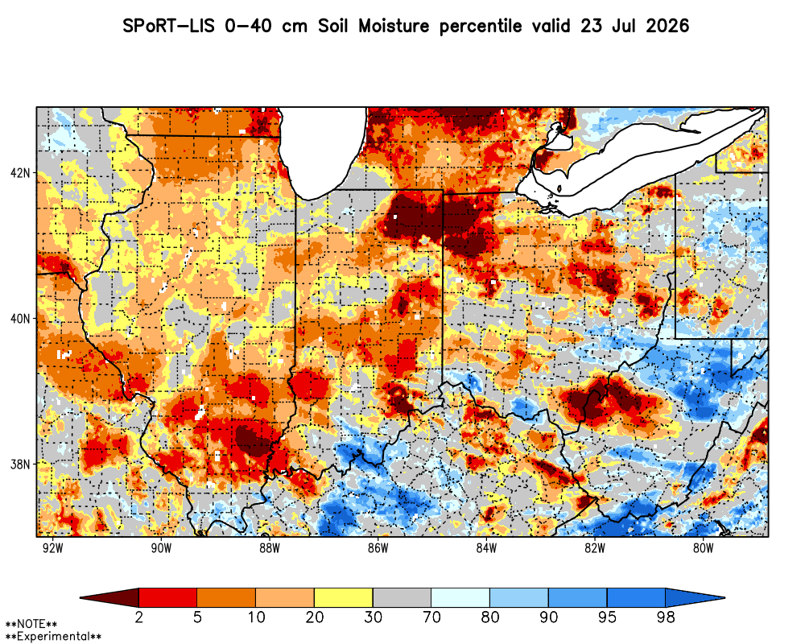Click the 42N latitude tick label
(x=20, y=172)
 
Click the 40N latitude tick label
(x=20, y=319)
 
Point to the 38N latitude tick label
(x=20, y=464)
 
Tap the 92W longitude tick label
(x=53, y=548)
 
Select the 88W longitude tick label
(x=270, y=548)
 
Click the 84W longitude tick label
(x=486, y=548)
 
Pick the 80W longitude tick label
(x=703, y=548)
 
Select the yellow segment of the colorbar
(x=344, y=598)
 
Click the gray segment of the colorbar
(x=402, y=598)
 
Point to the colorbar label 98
(x=666, y=617)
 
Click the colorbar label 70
(x=431, y=617)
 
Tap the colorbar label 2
(x=138, y=617)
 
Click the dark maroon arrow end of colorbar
(x=109, y=598)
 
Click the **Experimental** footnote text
(x=53, y=637)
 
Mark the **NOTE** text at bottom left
(x=31, y=625)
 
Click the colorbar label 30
(x=373, y=617)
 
